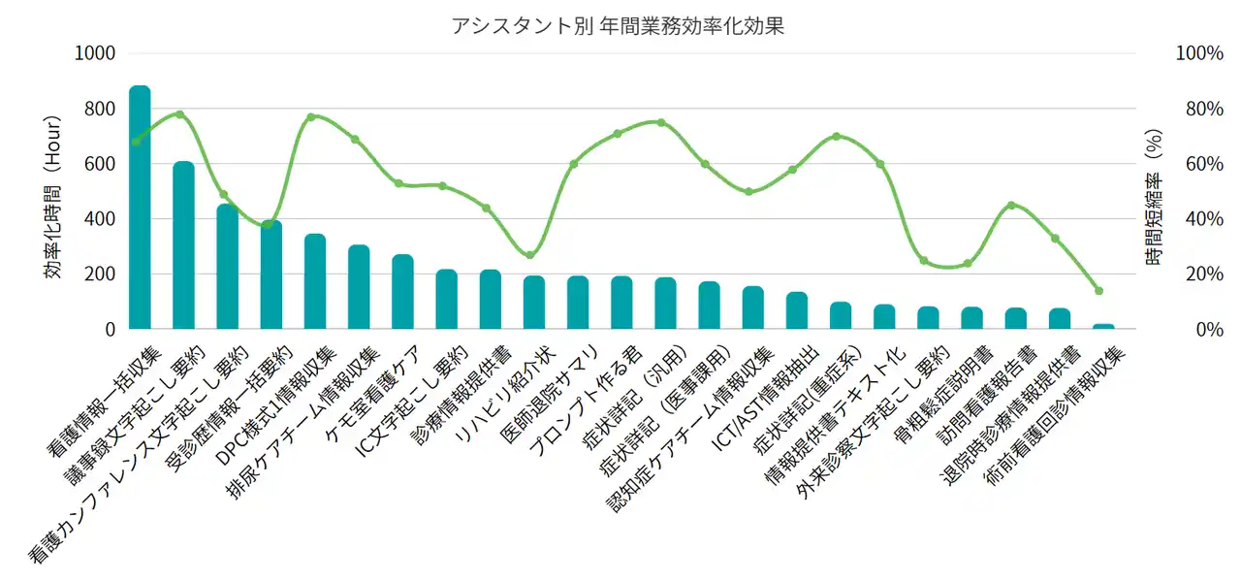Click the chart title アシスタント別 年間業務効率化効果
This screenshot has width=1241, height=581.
[619, 26]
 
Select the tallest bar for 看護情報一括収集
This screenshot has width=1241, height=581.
[140, 208]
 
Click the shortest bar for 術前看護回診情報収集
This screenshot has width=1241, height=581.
[1103, 327]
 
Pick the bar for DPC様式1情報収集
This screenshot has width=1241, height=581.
[315, 282]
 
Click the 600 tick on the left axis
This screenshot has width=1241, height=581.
[100, 164]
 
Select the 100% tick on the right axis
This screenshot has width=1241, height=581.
[1198, 53]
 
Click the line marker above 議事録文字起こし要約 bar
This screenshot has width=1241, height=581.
[180, 114]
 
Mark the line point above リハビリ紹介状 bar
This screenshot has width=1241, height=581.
[529, 255]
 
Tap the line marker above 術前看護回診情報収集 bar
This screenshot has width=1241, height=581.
[1099, 291]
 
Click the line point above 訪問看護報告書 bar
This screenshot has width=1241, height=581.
[1011, 206]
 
